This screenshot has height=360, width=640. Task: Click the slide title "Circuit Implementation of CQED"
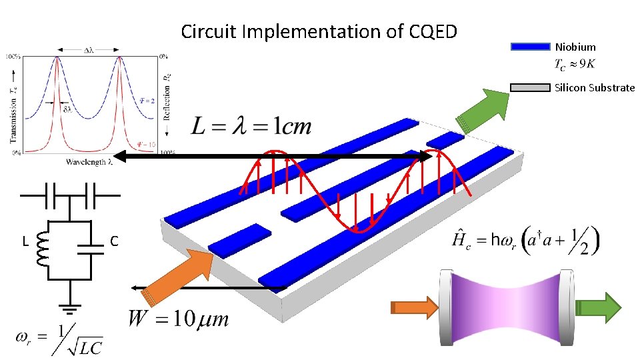[x=319, y=31]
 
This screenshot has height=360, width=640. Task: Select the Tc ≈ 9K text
[x=575, y=64]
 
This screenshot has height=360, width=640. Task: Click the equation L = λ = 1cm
[x=251, y=126]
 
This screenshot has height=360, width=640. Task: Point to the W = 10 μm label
[x=178, y=318]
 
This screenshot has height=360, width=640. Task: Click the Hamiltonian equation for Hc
[x=526, y=240]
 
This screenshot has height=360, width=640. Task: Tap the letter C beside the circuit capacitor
[x=114, y=241]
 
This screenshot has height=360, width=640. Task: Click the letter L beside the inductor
[x=25, y=241]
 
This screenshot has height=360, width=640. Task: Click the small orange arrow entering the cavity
[x=413, y=307]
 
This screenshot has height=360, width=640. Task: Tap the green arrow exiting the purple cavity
[x=598, y=307]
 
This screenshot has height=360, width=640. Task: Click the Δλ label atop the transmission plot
[x=88, y=50]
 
